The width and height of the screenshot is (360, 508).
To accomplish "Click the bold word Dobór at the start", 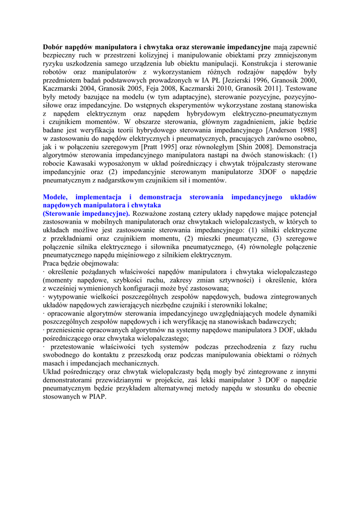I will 54,47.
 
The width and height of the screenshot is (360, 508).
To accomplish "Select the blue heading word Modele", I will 56,197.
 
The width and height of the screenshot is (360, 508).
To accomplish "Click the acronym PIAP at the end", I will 97,397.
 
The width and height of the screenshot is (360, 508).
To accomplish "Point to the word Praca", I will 52,263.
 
